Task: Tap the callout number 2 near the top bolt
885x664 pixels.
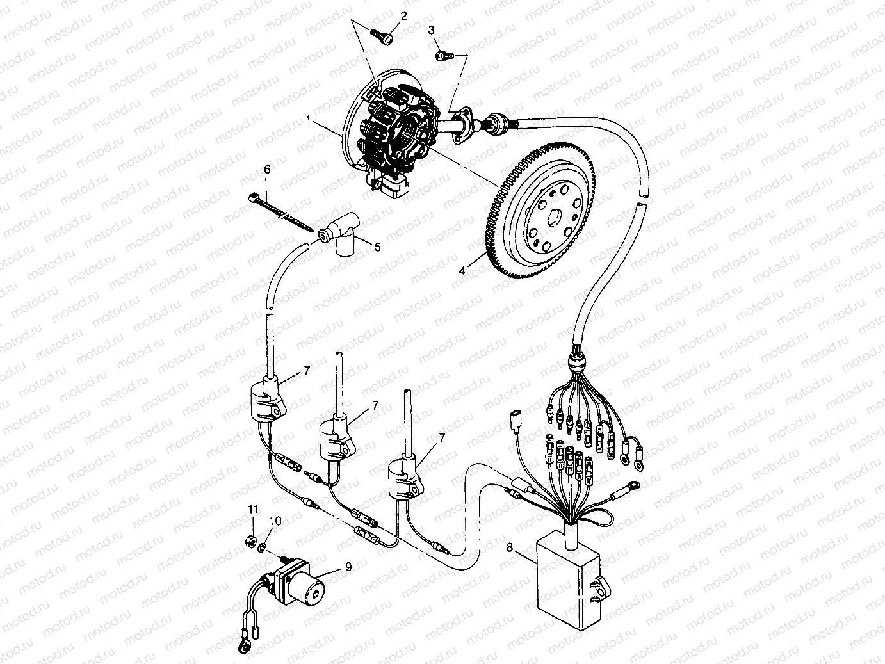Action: click(x=403, y=15)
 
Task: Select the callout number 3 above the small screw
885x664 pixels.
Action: click(x=431, y=30)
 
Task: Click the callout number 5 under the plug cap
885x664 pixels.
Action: click(x=377, y=247)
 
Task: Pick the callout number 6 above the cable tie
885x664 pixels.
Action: click(x=267, y=169)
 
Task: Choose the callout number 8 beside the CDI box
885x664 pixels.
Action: click(x=510, y=547)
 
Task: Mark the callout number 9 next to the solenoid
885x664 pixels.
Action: click(x=348, y=565)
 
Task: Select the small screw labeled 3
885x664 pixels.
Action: click(x=444, y=56)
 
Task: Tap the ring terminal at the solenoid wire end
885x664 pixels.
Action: click(x=243, y=649)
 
